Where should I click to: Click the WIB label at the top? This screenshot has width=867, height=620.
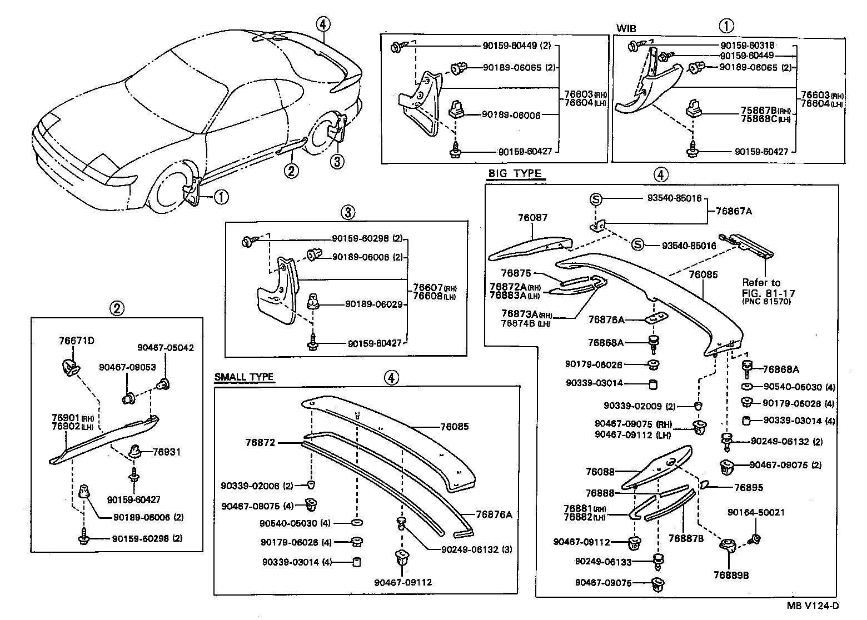[x=626, y=28]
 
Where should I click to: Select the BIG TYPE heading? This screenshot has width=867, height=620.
[x=514, y=173]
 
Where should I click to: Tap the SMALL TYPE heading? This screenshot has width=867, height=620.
[x=244, y=377]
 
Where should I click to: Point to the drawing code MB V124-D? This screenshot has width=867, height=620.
[x=812, y=606]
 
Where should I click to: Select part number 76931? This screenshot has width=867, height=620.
[x=168, y=452]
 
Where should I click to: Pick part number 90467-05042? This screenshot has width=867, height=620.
[x=166, y=348]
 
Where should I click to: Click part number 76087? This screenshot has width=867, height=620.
[x=532, y=218]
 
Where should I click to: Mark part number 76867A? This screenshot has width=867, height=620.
[x=734, y=211]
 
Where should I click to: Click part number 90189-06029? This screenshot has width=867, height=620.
[x=373, y=304]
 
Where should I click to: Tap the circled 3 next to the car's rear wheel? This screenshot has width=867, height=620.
[x=337, y=162]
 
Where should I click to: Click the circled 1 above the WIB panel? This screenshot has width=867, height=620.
[x=726, y=25]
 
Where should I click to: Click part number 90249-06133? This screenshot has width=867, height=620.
[x=603, y=562]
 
